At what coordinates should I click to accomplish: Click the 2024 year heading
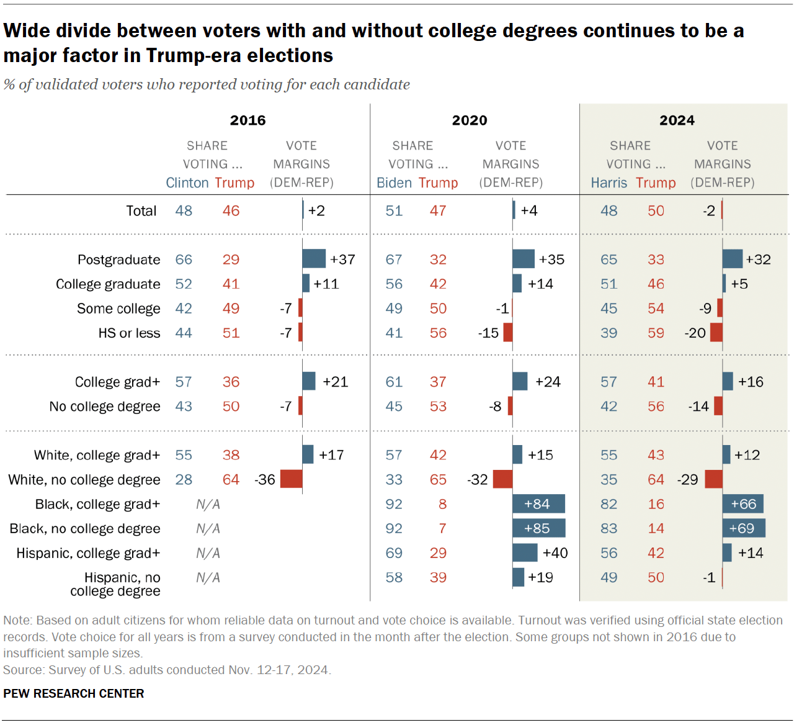(x=677, y=120)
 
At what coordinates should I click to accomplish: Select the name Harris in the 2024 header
(x=609, y=183)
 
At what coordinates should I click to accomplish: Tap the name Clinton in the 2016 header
(x=187, y=183)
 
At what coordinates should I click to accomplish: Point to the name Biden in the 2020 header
(x=394, y=183)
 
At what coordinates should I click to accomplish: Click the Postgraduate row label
(x=118, y=259)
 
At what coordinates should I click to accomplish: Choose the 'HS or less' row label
(x=129, y=333)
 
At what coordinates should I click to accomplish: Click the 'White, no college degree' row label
(x=84, y=480)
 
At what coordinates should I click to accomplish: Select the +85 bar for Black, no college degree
(x=538, y=528)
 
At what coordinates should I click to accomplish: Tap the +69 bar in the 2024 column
(x=743, y=528)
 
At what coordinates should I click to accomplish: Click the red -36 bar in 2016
(x=291, y=479)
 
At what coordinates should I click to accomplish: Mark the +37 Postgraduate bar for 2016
(x=314, y=259)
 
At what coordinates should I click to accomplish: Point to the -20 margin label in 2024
(x=695, y=333)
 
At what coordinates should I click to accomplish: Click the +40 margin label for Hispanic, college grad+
(x=555, y=553)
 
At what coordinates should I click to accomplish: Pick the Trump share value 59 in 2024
(x=656, y=333)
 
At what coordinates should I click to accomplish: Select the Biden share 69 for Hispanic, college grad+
(x=394, y=553)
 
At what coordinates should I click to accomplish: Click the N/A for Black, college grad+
(x=208, y=504)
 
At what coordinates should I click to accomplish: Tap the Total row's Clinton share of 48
(x=184, y=211)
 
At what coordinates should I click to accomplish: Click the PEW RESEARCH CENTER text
(x=74, y=693)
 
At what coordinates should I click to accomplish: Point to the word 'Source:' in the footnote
(x=24, y=670)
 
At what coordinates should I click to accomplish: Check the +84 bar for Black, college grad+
(x=538, y=504)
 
